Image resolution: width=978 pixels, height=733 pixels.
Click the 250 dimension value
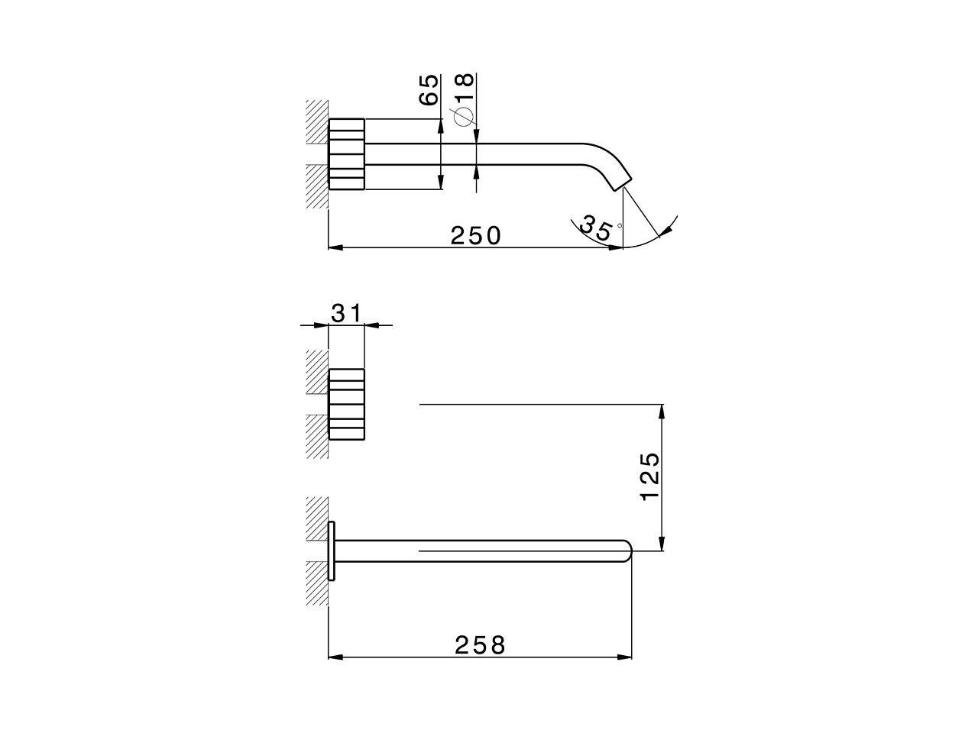pos(475,235)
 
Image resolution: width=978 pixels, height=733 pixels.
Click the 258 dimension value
pos(480,645)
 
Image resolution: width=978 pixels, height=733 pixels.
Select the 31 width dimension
pos(346,312)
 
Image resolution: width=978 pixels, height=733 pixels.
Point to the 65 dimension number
pos(429,89)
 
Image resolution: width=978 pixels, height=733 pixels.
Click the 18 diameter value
pos(464,85)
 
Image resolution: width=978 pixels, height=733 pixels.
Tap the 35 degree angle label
pos(596,228)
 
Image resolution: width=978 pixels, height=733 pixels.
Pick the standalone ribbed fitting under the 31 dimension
pos(347,404)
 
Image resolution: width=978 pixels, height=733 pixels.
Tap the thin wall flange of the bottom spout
pos(332,551)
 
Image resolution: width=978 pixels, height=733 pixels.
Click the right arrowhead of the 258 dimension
pos(626,656)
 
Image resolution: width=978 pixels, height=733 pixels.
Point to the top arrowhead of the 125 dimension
pos(662,411)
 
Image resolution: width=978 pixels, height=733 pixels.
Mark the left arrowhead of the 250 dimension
pos(335,247)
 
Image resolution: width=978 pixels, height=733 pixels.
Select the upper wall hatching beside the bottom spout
pos(316,519)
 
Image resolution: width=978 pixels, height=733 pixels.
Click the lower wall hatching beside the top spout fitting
pos(316,186)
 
